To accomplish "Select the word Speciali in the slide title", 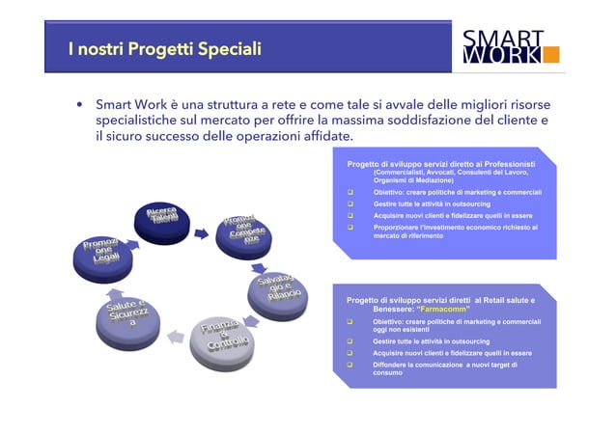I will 228,48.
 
